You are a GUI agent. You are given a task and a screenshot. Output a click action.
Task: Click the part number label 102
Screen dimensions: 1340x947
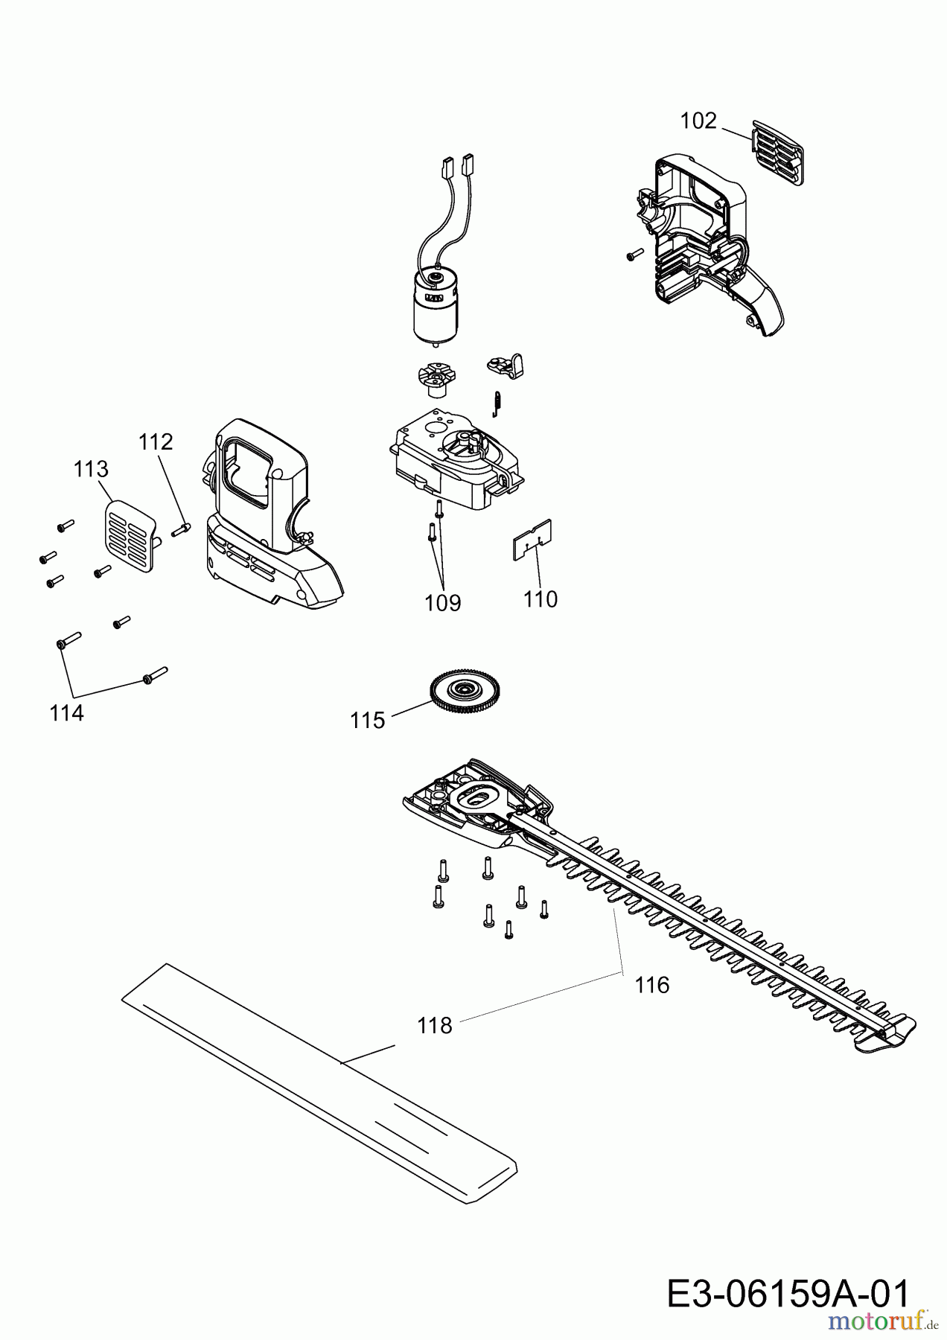tap(698, 121)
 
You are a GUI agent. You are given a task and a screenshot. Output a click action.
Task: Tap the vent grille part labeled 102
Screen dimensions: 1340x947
tap(779, 153)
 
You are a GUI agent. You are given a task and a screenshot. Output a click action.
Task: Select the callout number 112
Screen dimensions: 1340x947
tap(156, 441)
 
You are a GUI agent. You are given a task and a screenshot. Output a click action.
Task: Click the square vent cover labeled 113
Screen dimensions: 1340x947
tap(130, 533)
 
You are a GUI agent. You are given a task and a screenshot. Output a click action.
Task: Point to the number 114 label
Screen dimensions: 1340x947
tap(67, 713)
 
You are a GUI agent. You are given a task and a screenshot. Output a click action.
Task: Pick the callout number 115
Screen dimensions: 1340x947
tap(368, 721)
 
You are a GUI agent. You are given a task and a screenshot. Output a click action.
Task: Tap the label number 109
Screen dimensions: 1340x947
tap(443, 603)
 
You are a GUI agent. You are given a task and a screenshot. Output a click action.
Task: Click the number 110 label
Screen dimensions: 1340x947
tap(541, 599)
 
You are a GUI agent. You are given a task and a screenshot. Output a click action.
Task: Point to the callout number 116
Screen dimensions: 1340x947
tap(652, 985)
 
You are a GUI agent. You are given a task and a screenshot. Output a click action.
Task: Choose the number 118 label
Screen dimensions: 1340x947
tap(435, 1026)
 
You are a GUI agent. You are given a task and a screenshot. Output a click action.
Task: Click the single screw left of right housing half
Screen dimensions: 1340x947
tap(634, 255)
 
